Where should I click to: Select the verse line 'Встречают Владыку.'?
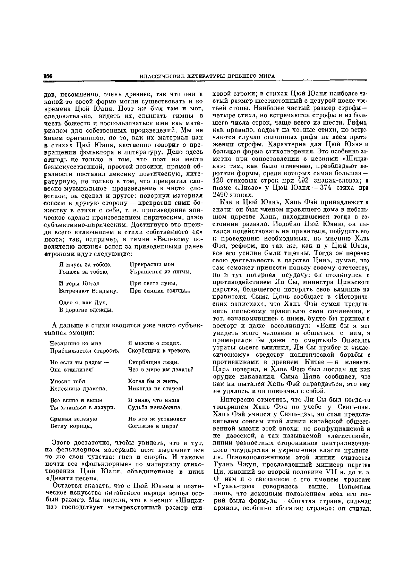click(x=88, y=291)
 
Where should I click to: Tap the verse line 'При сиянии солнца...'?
click(x=161, y=291)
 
